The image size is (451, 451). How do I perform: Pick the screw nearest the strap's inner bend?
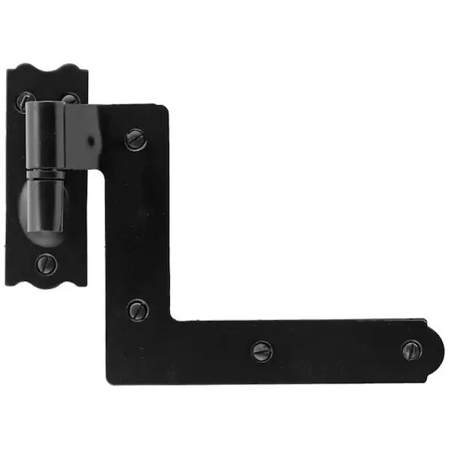click(138, 309)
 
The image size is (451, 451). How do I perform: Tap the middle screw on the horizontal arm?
click(262, 350)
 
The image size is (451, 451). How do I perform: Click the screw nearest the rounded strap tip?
click(411, 350)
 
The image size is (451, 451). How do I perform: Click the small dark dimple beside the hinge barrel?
click(89, 141)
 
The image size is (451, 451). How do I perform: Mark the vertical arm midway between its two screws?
click(136, 224)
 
